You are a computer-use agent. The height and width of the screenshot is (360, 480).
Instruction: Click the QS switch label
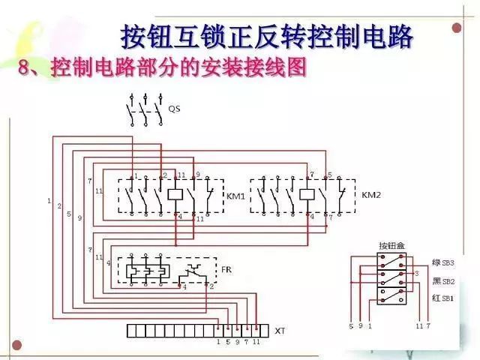174,109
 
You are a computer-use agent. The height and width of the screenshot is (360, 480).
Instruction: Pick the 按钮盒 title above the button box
391,246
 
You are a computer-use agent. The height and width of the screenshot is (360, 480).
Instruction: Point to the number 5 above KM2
329,175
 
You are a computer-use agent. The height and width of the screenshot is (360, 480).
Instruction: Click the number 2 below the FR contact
211,286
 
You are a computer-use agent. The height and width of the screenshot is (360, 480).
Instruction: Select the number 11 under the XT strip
256,342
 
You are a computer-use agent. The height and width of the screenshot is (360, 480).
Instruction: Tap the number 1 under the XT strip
218,342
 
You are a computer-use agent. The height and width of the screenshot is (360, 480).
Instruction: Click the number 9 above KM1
198,175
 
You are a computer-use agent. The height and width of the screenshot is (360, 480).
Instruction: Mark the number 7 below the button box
429,327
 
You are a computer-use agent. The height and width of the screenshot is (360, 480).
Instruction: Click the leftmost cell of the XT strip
130,330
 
